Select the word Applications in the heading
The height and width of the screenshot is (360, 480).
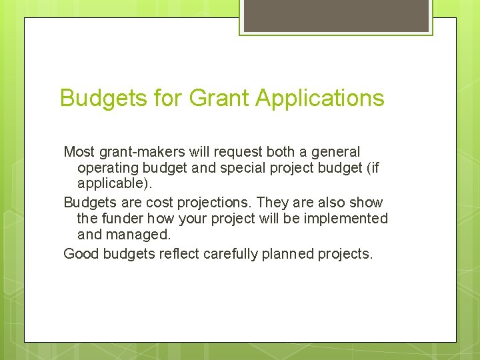coord(320,99)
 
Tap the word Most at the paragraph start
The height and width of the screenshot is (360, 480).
coord(79,152)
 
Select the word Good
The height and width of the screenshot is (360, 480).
coord(79,253)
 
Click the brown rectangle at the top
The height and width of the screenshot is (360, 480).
coord(336,15)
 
